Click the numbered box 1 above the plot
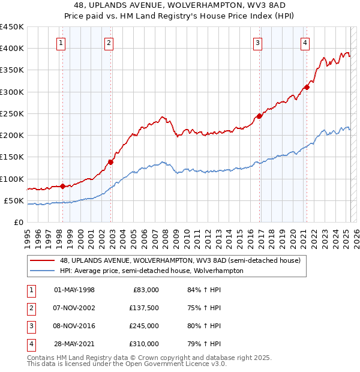click(x=62, y=43)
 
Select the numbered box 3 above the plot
click(x=257, y=43)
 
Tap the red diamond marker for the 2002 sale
click(x=111, y=161)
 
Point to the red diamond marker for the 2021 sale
click(x=307, y=87)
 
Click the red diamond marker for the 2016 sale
click(x=259, y=116)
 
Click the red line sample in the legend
click(x=43, y=260)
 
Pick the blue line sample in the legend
click(x=43, y=271)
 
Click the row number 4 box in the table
click(x=31, y=344)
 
